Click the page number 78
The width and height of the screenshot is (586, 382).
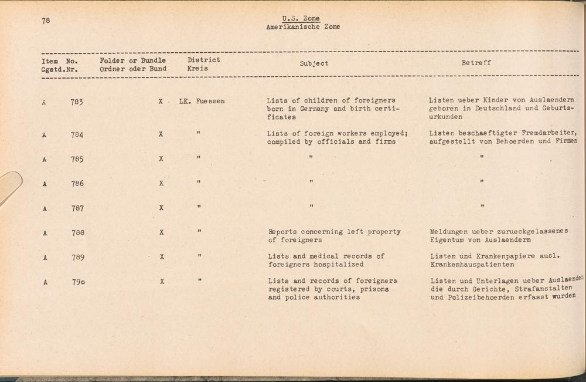(46, 21)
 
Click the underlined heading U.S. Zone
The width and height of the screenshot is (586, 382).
(303, 19)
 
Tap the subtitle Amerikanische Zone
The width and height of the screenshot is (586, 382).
(303, 27)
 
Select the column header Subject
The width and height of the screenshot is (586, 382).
(314, 63)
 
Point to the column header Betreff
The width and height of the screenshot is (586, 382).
(476, 63)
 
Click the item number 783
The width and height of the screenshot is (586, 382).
(77, 102)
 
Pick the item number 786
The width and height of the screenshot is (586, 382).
(77, 184)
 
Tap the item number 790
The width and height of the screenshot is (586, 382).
(79, 282)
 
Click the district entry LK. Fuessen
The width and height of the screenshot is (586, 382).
(202, 101)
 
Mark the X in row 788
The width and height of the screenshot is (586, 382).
(161, 232)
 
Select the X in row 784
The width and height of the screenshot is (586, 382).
(161, 134)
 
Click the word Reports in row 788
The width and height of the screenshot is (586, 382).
(283, 232)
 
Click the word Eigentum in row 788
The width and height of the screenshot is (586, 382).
(447, 240)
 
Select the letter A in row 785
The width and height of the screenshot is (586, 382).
(45, 160)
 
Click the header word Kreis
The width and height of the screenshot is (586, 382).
(197, 69)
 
